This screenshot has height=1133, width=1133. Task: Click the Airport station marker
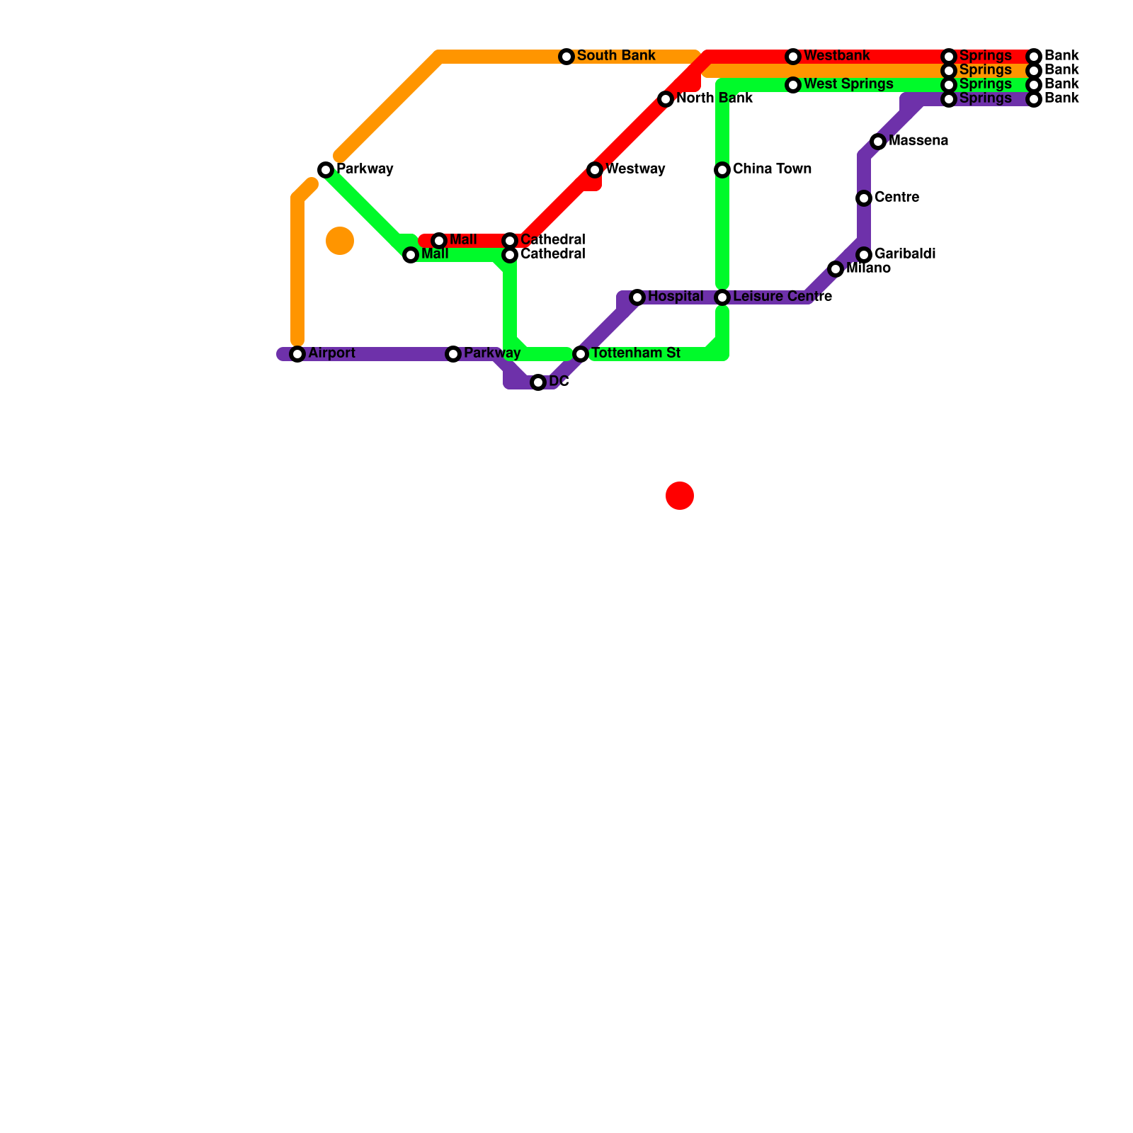(297, 354)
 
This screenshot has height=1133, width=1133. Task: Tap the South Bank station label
(615, 56)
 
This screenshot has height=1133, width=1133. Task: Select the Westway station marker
(595, 170)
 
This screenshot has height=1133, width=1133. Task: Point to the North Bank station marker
(666, 99)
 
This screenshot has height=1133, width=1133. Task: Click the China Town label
(772, 169)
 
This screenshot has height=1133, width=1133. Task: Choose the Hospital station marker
(637, 297)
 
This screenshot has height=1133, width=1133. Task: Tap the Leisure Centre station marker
(722, 297)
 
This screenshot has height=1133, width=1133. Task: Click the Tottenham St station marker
(581, 354)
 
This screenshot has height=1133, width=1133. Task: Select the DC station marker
(538, 382)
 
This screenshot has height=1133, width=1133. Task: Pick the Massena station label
(918, 141)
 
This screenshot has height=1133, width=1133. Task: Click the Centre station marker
(864, 198)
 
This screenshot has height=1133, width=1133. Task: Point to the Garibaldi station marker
(864, 255)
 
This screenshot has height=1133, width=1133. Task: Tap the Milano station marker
(836, 269)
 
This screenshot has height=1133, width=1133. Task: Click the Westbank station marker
(793, 57)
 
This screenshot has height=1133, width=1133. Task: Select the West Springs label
(848, 84)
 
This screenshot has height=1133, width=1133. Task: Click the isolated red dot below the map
(680, 496)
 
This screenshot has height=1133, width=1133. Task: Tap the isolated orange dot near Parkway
(340, 241)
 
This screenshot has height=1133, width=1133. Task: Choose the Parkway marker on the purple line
(453, 354)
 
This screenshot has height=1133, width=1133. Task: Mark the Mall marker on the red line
(439, 241)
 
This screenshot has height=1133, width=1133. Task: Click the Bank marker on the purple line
(1034, 99)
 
